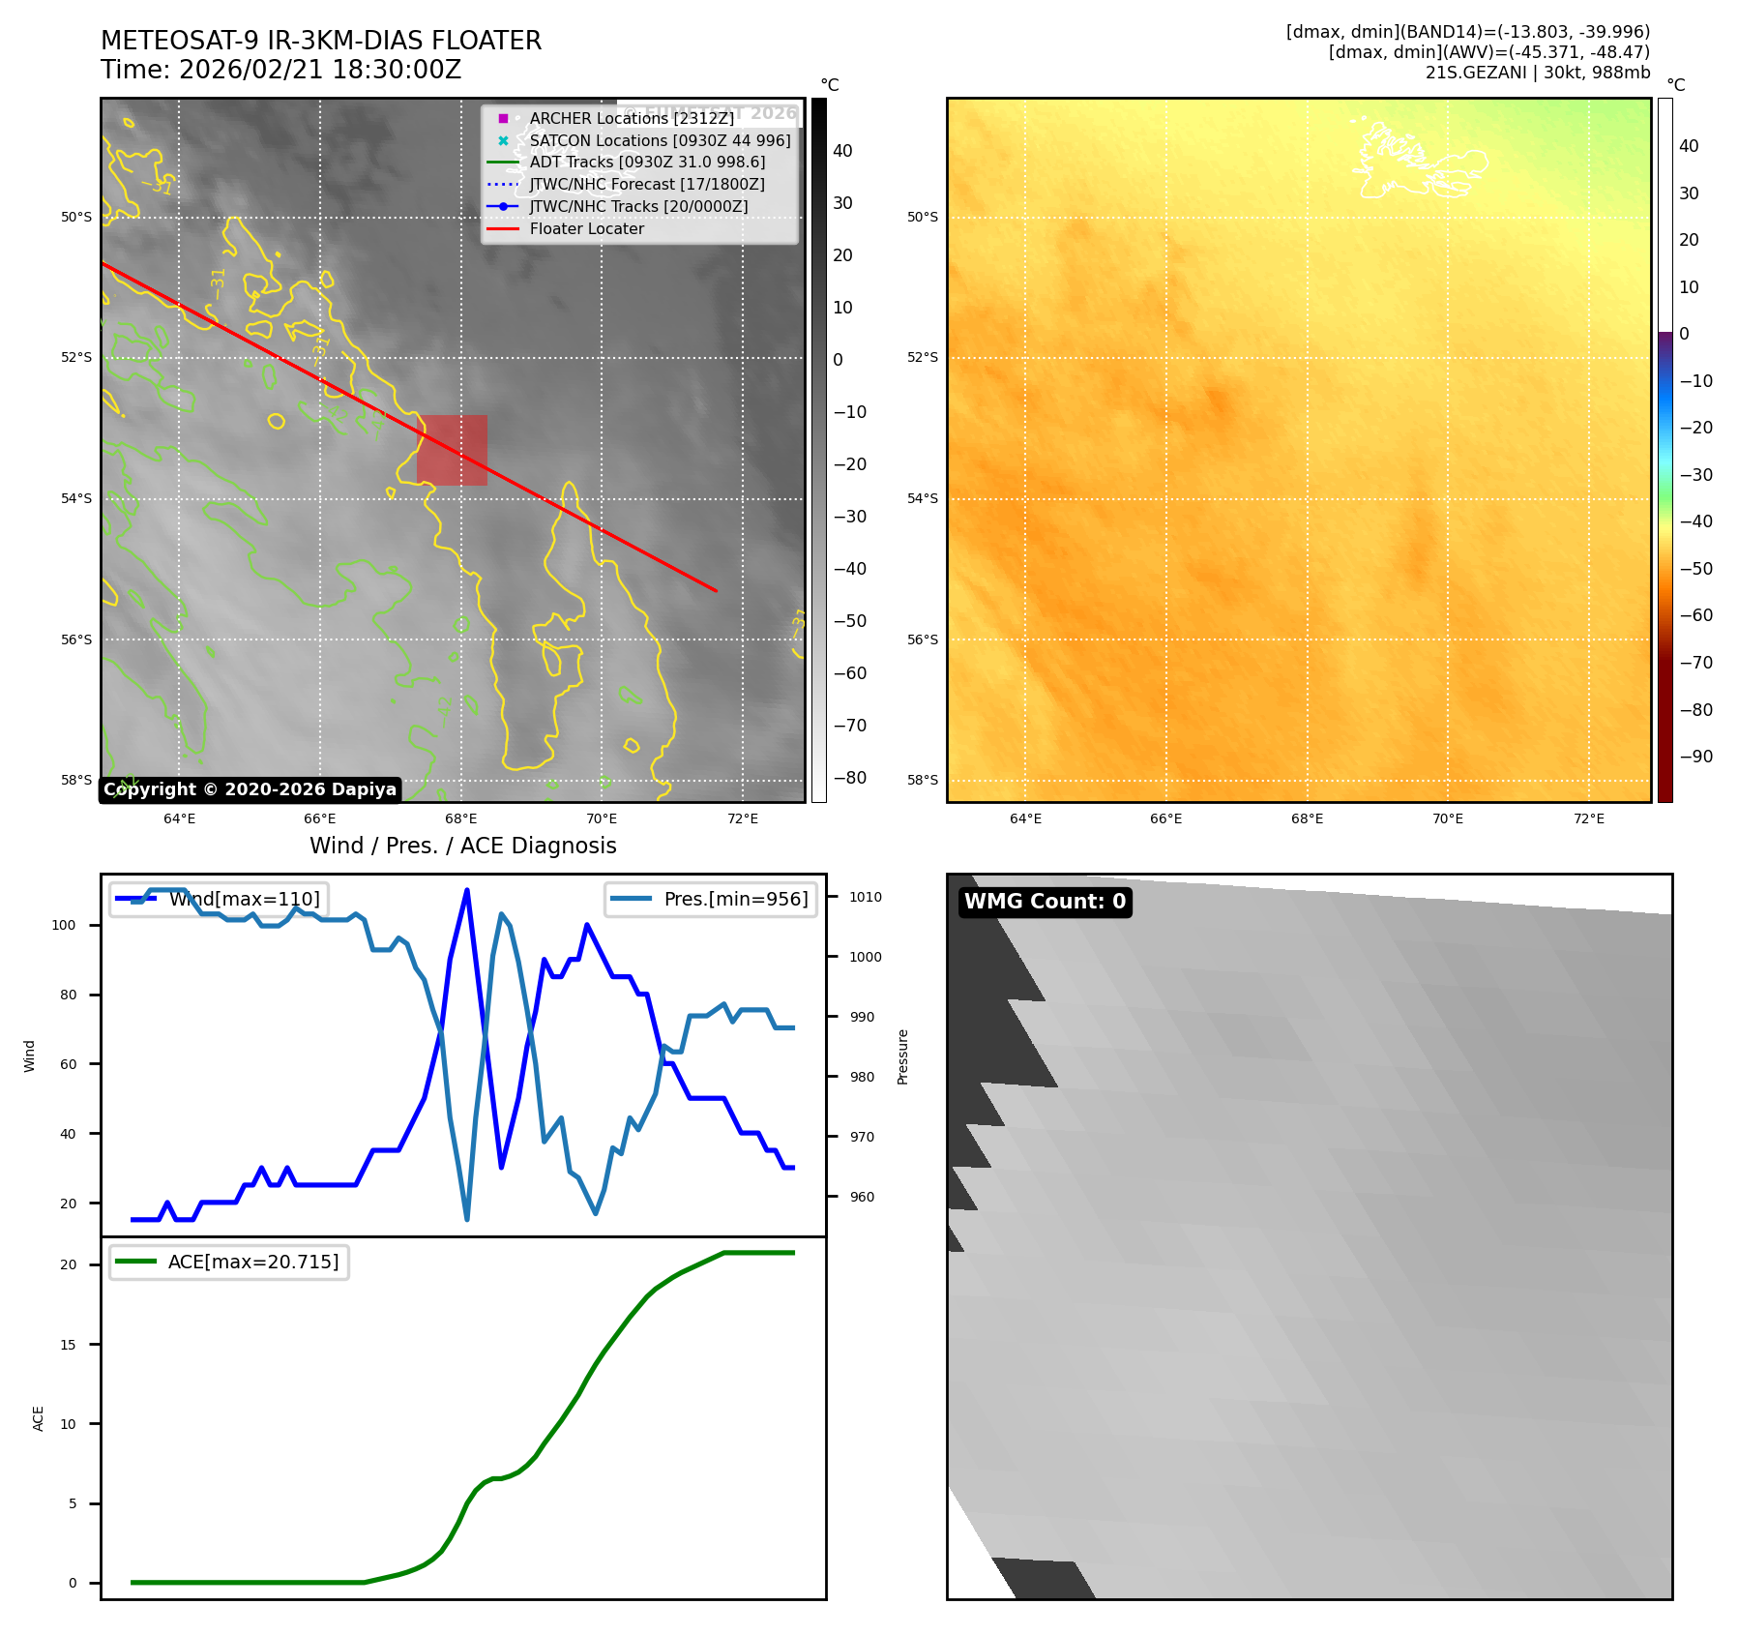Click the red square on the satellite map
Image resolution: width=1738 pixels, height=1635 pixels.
[x=452, y=450]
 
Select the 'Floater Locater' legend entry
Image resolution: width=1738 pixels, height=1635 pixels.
[x=586, y=229]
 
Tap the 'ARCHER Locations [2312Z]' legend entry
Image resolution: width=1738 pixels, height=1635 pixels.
[x=632, y=118]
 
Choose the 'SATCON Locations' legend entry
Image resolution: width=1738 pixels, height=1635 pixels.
[x=660, y=140]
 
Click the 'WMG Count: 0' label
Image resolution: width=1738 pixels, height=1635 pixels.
[x=1045, y=902]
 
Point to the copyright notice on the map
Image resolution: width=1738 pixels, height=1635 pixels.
[x=250, y=789]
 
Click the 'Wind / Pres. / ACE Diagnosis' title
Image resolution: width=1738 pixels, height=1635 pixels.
[x=462, y=846]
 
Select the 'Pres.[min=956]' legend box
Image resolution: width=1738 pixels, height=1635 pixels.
[x=711, y=899]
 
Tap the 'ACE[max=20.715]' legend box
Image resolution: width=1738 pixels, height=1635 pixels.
[x=229, y=1262]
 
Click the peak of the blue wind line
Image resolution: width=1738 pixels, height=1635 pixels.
[x=467, y=890]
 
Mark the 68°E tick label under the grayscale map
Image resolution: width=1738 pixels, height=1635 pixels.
[x=460, y=818]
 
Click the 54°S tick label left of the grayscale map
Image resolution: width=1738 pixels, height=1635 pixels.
[x=76, y=498]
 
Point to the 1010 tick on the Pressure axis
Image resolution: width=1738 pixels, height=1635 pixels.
[x=866, y=897]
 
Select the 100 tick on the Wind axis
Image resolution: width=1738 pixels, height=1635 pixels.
[x=64, y=925]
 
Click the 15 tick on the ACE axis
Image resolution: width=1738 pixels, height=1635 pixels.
[x=68, y=1344]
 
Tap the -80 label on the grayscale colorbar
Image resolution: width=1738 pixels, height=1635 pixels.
[x=849, y=778]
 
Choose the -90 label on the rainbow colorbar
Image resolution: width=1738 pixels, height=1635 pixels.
[x=1695, y=757]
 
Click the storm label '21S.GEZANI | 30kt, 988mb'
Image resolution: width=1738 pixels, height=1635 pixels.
[x=1537, y=73]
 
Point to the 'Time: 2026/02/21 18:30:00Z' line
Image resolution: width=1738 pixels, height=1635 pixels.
[x=280, y=70]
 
